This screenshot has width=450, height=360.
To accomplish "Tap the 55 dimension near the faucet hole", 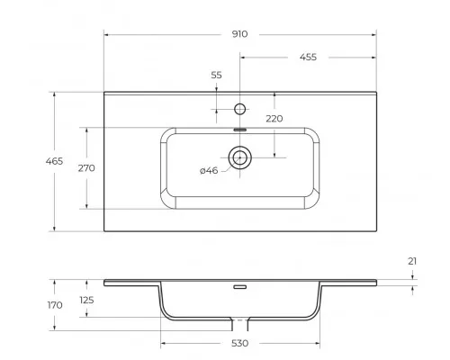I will [x=216, y=76].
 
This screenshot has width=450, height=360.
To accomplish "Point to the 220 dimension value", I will [x=274, y=118].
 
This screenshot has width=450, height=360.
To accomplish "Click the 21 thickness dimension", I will [x=412, y=261].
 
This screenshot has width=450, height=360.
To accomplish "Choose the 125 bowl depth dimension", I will [x=86, y=300].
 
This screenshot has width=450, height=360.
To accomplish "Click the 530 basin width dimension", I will [x=239, y=344].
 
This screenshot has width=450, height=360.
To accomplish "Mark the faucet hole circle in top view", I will [x=239, y=110].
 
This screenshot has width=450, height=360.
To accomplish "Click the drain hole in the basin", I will [x=239, y=159].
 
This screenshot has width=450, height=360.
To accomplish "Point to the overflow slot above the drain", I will [x=239, y=130].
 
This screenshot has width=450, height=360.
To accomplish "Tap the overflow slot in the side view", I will [x=239, y=289].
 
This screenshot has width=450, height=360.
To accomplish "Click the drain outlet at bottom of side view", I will [x=239, y=321].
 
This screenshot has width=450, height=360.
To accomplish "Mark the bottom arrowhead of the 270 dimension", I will [x=86, y=207].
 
